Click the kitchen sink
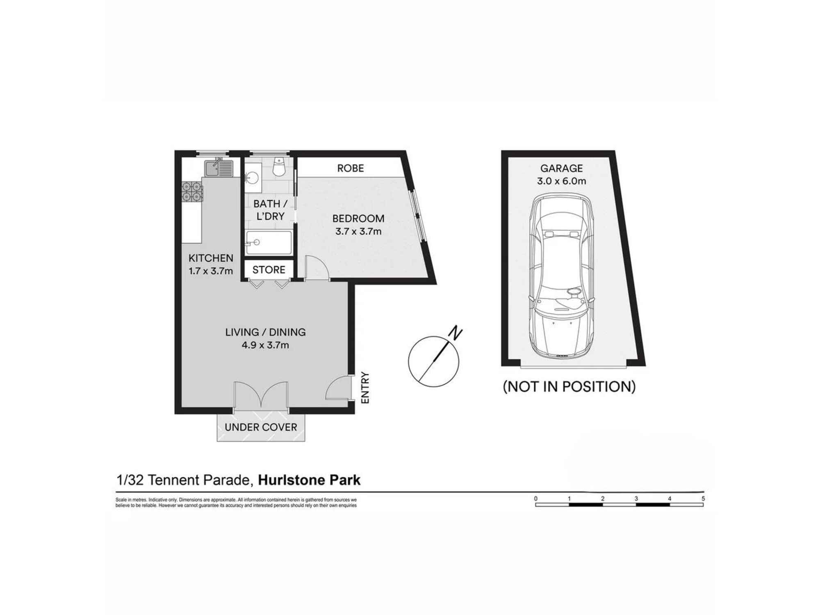(x=219, y=168)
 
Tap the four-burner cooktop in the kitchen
(x=192, y=192)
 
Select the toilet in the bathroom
(x=279, y=167)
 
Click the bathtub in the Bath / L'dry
(x=269, y=243)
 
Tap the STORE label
(x=269, y=270)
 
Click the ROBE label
(x=351, y=168)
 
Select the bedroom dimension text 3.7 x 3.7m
(x=358, y=231)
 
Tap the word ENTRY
(x=365, y=387)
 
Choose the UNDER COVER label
(x=261, y=427)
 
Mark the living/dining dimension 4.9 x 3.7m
(x=265, y=345)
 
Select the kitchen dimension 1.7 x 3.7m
(x=211, y=271)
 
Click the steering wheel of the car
(x=574, y=292)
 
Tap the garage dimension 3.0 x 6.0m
(x=562, y=181)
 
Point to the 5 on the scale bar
(x=703, y=499)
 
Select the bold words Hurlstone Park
(x=309, y=480)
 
